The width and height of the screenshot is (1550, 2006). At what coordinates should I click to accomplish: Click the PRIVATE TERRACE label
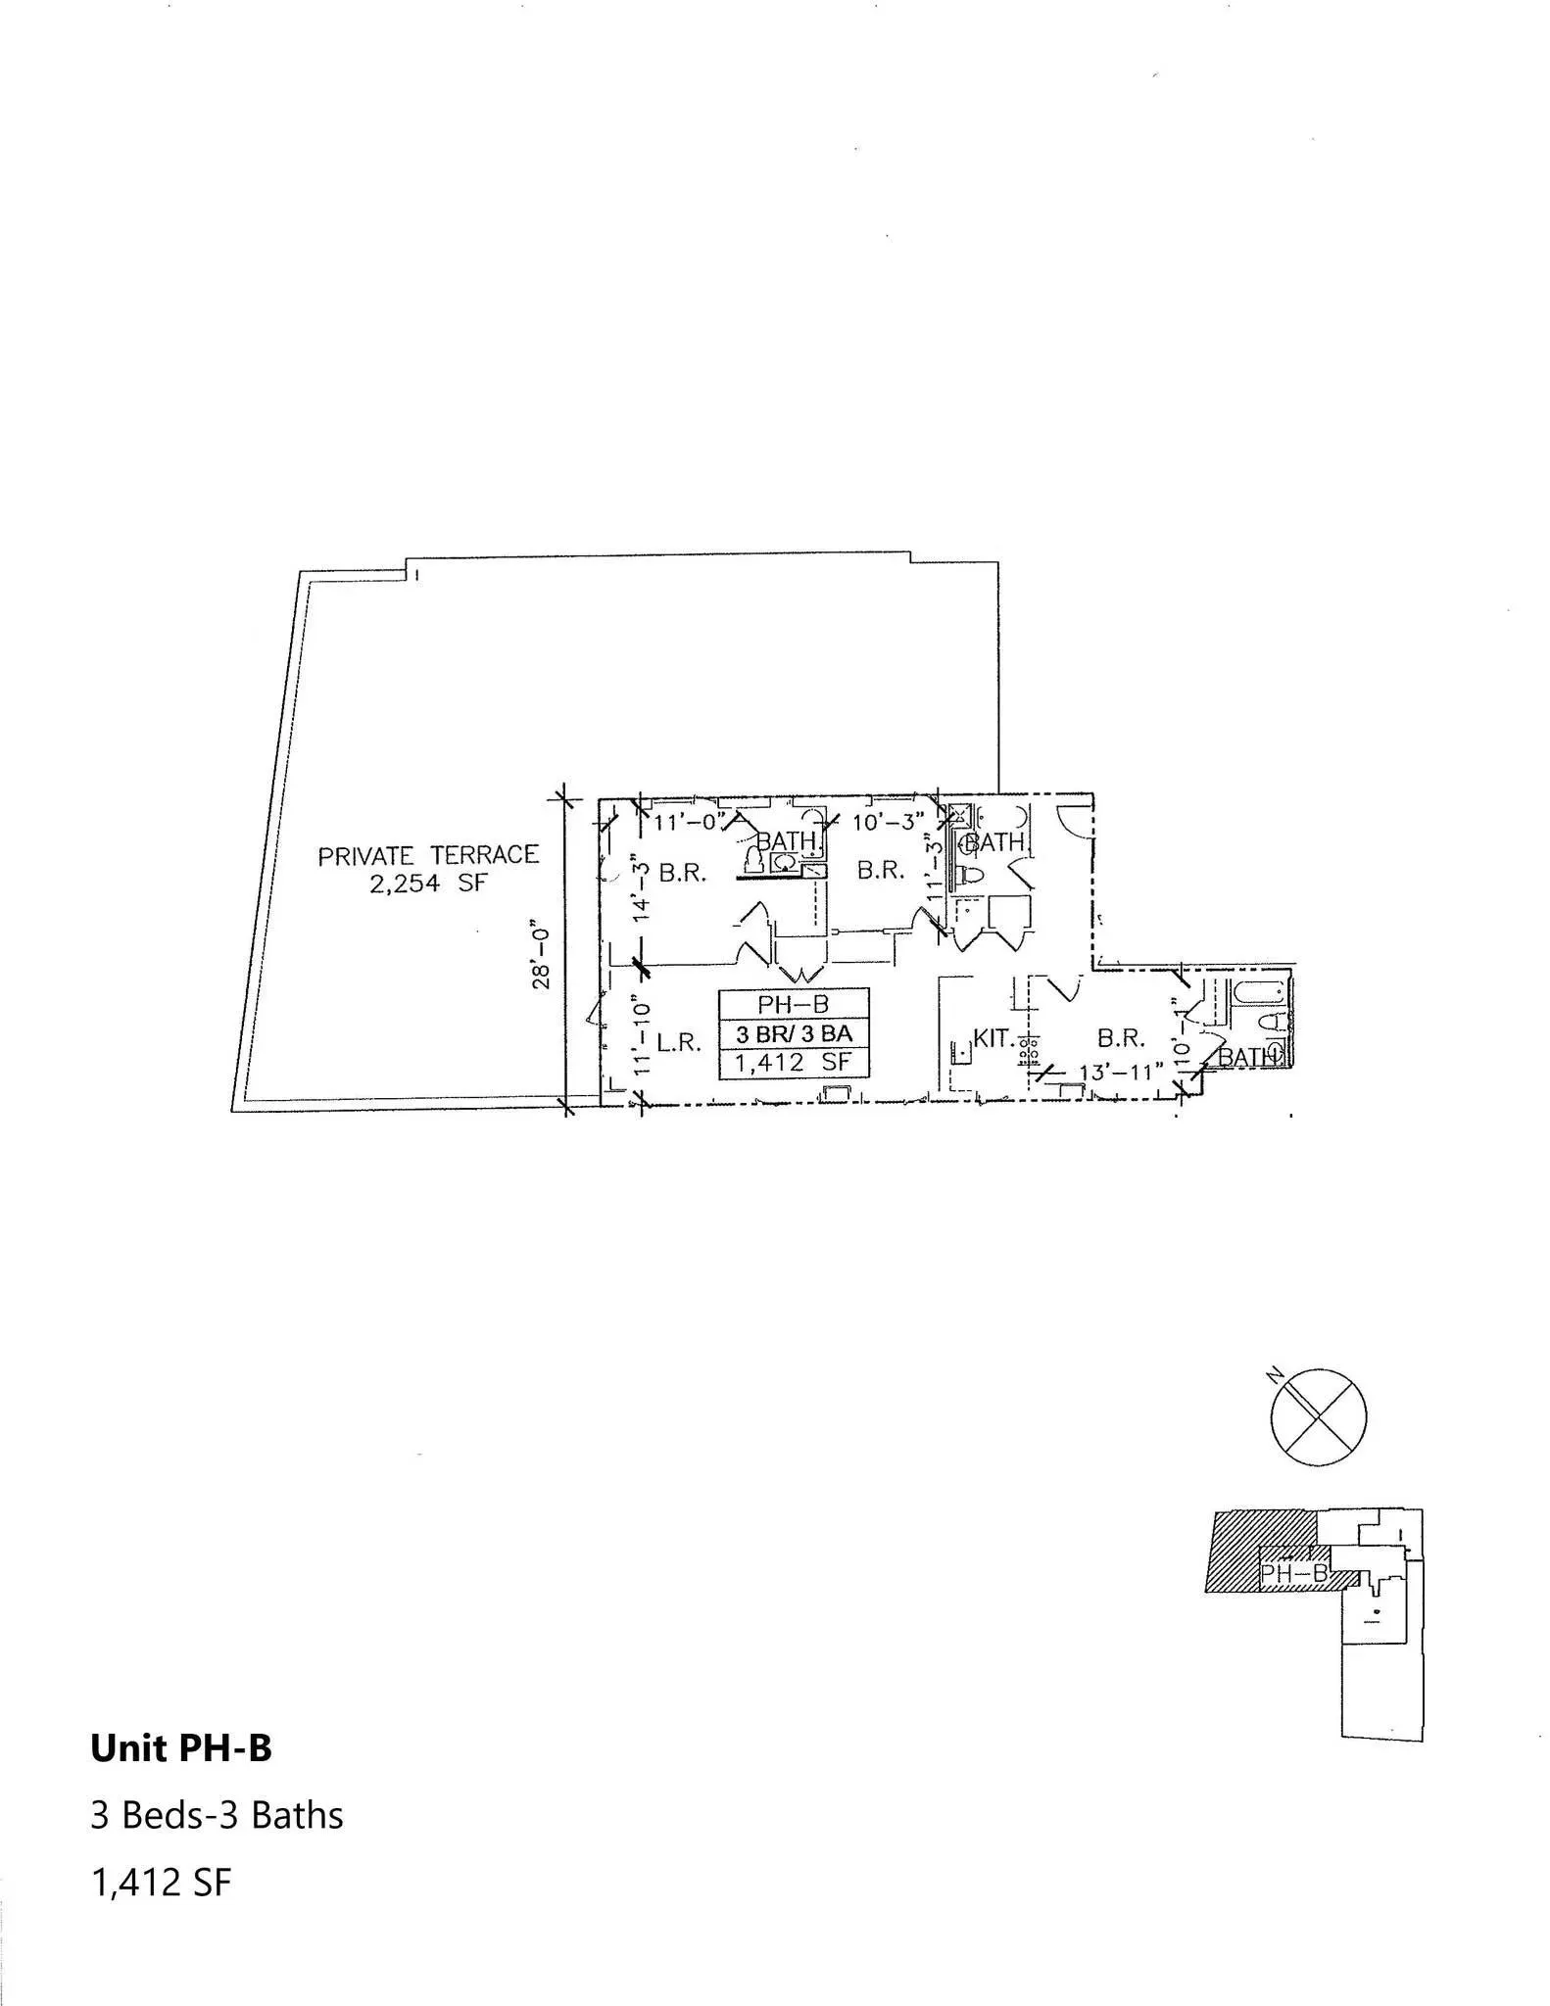pos(428,855)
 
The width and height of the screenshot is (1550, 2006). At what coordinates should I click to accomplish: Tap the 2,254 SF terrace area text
pos(428,883)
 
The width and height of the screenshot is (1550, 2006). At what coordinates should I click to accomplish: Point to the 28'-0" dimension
pos(541,953)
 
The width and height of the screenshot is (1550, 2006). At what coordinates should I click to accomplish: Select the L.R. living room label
pos(679,1042)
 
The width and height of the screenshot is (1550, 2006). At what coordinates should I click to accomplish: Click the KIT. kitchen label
pos(993,1038)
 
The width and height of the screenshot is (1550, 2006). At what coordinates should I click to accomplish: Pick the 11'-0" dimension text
pos(689,822)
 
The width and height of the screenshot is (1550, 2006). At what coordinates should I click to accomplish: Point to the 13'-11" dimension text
pos(1121,1072)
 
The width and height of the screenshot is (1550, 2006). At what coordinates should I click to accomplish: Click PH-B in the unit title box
pos(793,1004)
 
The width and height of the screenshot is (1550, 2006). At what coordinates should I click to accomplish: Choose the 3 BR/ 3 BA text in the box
pos(794,1033)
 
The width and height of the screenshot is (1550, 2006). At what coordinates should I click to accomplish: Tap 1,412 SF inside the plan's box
pos(794,1062)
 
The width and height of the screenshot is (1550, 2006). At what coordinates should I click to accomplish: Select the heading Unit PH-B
pos(181,1748)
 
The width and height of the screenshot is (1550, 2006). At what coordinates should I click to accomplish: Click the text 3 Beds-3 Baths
pos(217,1815)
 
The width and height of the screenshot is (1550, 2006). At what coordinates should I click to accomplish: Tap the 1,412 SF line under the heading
pos(162,1882)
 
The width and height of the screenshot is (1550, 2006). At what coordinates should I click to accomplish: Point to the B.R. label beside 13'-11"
pos(1121,1038)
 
